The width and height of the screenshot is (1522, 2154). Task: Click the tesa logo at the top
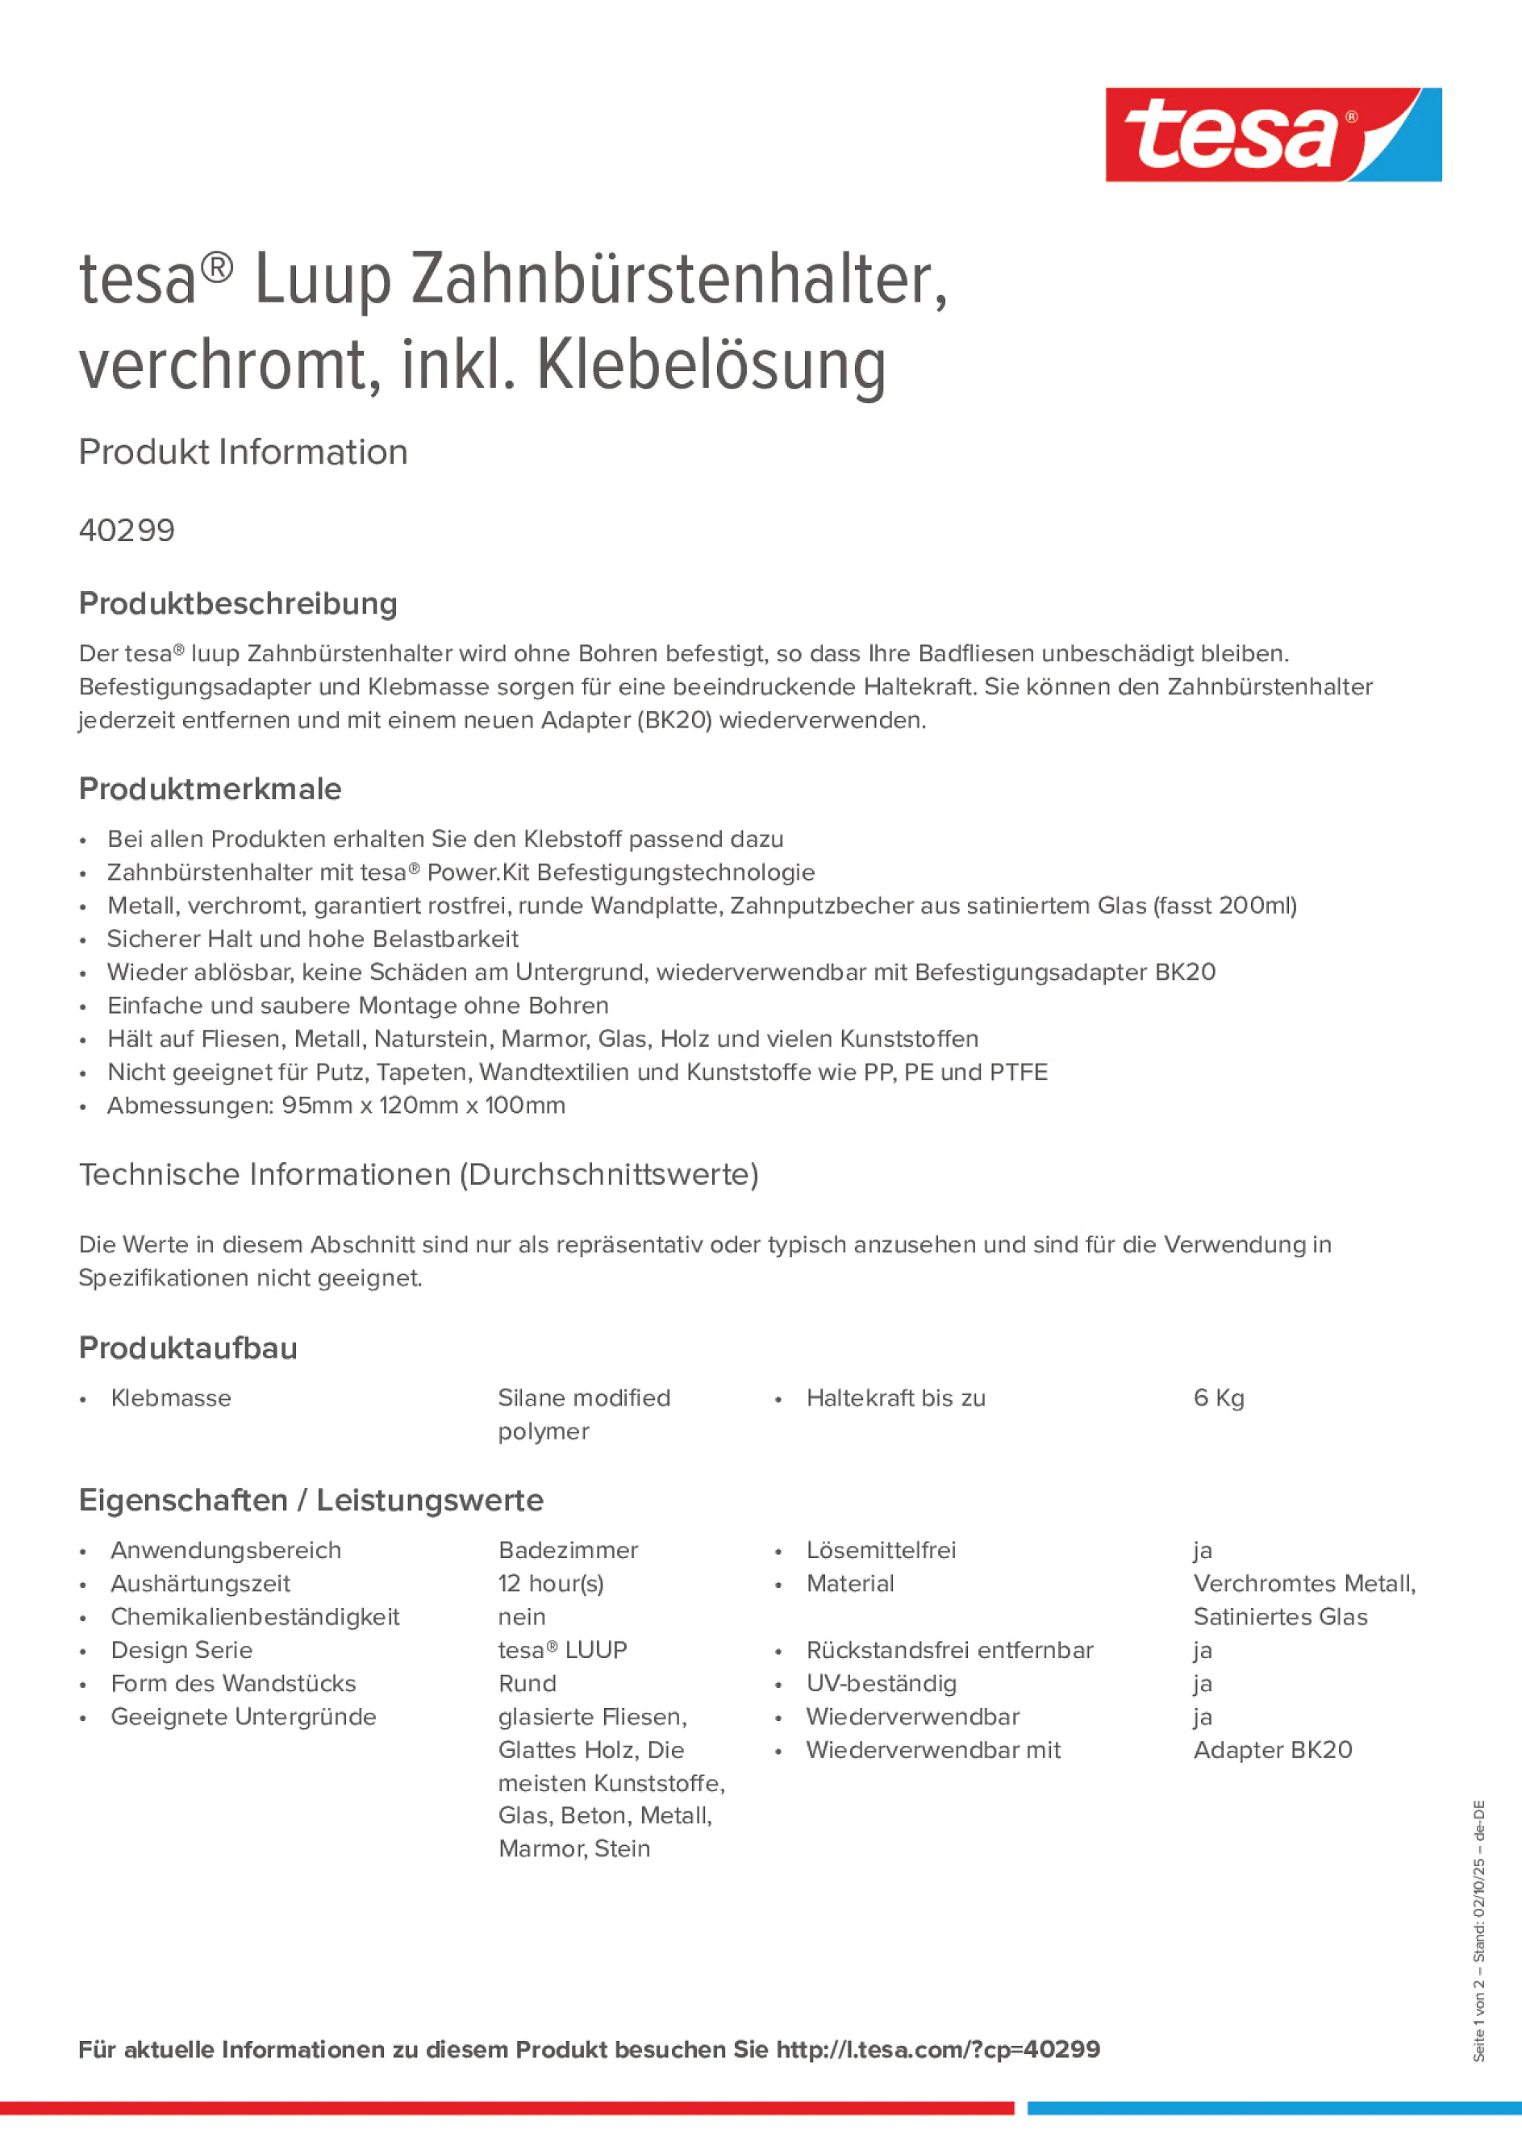coord(1273,134)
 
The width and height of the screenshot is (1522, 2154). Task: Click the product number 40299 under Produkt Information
coord(127,530)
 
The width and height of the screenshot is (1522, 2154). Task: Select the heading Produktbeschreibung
coord(237,603)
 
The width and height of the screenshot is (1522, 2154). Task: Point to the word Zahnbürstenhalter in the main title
coord(678,280)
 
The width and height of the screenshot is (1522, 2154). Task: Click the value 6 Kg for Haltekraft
coord(1218,1398)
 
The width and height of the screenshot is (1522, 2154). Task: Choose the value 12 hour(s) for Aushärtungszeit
coord(551,1584)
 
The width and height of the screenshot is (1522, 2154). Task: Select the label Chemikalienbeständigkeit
coord(254,1616)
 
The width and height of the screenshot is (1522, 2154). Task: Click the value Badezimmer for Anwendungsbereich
coord(568,1550)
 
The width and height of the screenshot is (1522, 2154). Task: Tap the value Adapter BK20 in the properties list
coord(1273,1750)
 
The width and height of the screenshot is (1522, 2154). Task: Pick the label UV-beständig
coord(881,1683)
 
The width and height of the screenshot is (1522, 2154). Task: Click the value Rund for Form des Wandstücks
coord(527,1683)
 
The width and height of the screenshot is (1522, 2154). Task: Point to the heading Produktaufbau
coord(188,1348)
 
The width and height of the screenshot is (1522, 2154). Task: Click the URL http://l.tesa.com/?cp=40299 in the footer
coord(937,2049)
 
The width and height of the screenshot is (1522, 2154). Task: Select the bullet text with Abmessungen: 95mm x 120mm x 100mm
coord(336,1105)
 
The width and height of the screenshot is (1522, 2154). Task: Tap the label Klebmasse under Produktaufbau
coord(171,1398)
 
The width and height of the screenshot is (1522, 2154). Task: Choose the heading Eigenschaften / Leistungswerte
coord(311,1499)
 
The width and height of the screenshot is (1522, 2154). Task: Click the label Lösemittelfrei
coord(881,1550)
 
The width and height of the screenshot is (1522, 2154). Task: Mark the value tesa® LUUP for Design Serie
coord(562,1650)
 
